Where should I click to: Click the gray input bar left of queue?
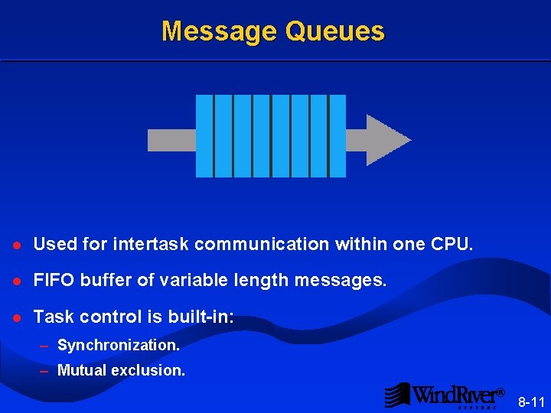171,140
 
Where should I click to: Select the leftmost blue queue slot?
204,136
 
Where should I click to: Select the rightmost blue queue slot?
337,136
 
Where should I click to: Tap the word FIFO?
52,281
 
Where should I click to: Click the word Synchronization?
119,346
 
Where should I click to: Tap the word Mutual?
82,371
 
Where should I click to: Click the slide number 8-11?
532,402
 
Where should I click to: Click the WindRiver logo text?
458,395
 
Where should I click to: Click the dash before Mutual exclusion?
44,371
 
